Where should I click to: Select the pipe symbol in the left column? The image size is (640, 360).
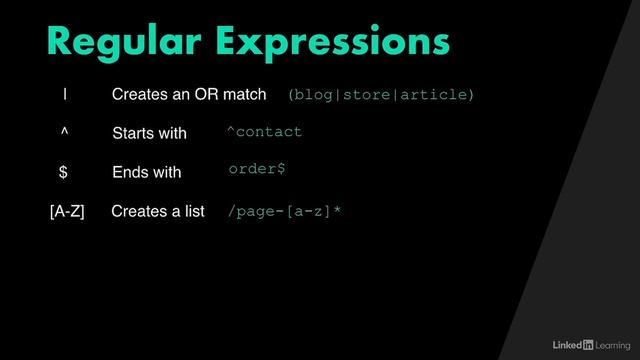(65, 95)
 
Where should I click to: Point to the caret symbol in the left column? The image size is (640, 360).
(64, 132)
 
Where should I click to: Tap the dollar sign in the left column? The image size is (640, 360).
(63, 172)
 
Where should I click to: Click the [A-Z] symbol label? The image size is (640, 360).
(67, 211)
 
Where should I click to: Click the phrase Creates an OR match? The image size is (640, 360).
(189, 95)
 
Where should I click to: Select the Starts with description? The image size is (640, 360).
(149, 133)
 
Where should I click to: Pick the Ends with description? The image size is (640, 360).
(146, 172)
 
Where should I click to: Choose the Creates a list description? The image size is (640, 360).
(157, 211)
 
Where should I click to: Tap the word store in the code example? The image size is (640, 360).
(368, 95)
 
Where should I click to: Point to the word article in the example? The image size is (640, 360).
(435, 95)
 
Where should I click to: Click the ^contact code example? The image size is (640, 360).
(264, 132)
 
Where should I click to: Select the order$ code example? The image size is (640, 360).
(257, 169)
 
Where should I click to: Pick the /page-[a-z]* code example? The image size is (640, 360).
(285, 211)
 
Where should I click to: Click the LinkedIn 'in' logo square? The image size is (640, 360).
(587, 345)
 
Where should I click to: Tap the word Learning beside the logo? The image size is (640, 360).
(612, 345)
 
